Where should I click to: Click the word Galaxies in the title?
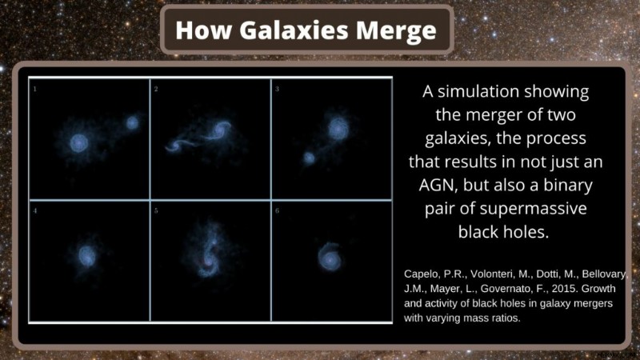coord(294,30)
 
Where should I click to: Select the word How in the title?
coord(203,30)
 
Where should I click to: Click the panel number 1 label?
coord(34,89)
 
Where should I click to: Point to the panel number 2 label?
coord(156,89)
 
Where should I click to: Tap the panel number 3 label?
coord(277,89)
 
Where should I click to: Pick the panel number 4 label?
coord(35,210)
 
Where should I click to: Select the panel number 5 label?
coord(156,210)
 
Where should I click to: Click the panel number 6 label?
coord(277,210)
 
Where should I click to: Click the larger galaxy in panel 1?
coord(78,143)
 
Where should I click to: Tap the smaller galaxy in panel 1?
coord(132,122)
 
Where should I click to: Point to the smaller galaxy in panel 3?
coord(309,158)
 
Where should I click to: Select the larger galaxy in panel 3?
coord(338,127)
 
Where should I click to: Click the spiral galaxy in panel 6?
coord(329,257)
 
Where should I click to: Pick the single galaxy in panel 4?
coord(86,256)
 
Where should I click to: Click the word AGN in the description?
coord(437,186)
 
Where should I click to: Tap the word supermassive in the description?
coord(533,209)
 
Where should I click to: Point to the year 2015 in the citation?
coord(564,289)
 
